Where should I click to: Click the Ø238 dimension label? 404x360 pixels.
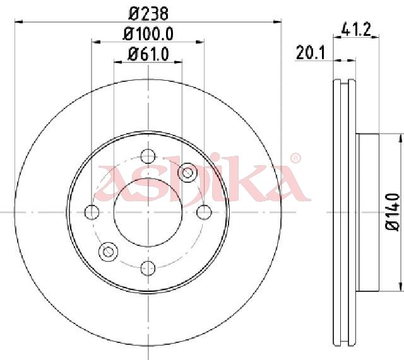tap(148, 13)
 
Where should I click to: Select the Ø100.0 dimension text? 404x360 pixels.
tap(148, 33)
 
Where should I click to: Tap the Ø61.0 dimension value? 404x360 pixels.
tap(148, 54)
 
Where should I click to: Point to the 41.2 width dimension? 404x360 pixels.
tap(356, 29)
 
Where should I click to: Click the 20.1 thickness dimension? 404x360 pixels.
tap(311, 52)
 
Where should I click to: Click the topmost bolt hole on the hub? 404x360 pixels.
tap(148, 156)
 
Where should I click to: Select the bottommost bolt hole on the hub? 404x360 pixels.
tap(148, 268)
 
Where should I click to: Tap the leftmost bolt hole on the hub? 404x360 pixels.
tap(92, 212)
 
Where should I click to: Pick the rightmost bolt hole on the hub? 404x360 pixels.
tap(205, 212)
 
